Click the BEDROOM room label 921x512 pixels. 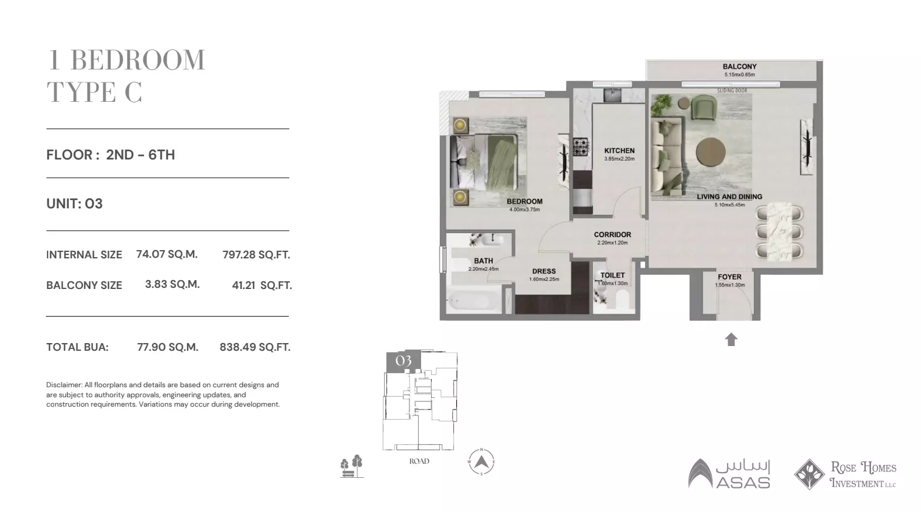[x=524, y=201]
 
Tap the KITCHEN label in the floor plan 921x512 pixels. [x=619, y=151]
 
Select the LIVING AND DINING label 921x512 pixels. [x=729, y=197]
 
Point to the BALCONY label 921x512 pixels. [x=739, y=67]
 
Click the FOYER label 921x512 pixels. [x=729, y=277]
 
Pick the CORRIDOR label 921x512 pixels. [x=612, y=234]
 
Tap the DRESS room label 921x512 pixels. [x=543, y=271]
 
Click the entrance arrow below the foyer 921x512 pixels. [x=731, y=340]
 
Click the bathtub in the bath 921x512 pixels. [x=471, y=302]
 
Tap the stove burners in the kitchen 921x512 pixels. [x=581, y=147]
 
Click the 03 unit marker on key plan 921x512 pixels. [x=403, y=361]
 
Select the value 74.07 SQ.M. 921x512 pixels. [x=166, y=254]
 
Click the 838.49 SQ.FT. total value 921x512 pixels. [x=255, y=347]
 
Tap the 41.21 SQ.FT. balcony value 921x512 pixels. [x=262, y=285]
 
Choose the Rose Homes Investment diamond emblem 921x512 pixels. [x=809, y=474]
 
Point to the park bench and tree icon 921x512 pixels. [x=351, y=466]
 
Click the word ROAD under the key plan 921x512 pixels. [x=419, y=461]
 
